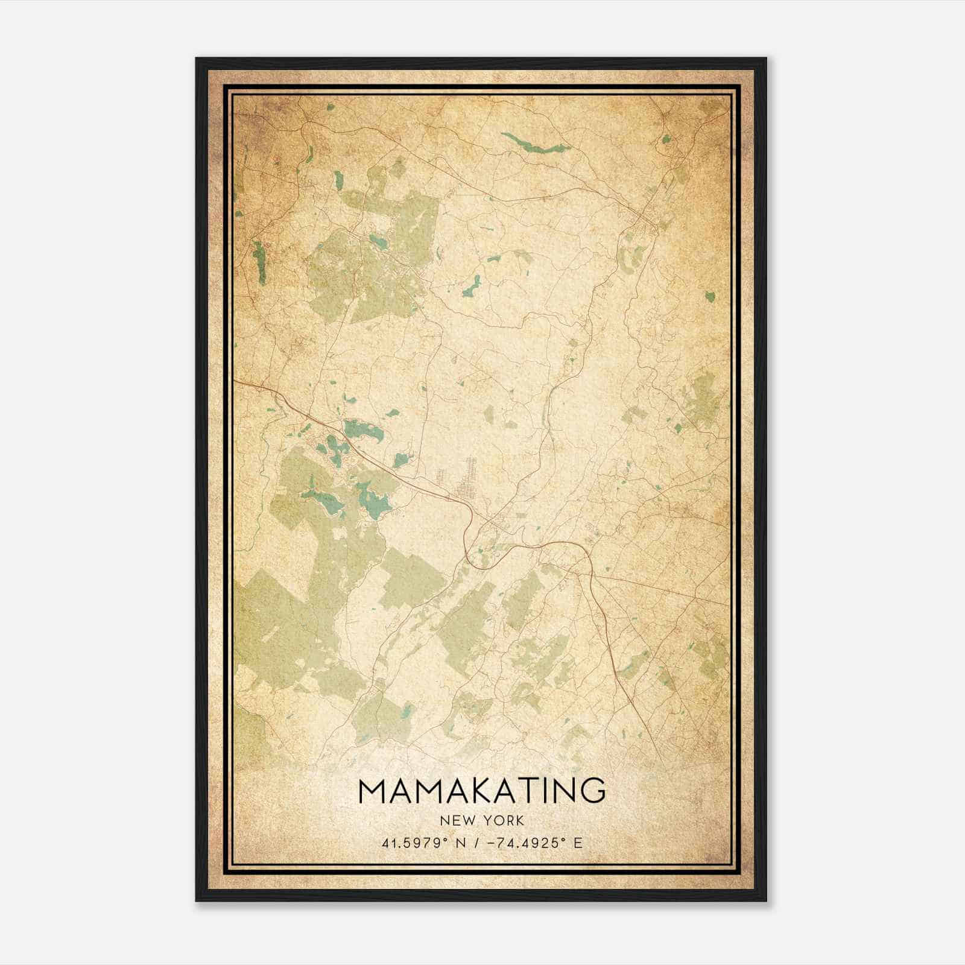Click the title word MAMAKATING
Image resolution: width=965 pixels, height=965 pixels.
[x=482, y=791]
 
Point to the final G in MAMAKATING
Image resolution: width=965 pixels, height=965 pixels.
[x=592, y=791]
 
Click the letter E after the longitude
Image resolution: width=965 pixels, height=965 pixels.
[x=579, y=843]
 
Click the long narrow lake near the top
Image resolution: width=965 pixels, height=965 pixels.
[x=534, y=145]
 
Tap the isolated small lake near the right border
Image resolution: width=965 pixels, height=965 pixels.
[x=710, y=296]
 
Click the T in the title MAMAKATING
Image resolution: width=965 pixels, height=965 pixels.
[x=525, y=791]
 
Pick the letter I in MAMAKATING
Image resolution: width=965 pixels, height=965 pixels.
[x=545, y=791]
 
